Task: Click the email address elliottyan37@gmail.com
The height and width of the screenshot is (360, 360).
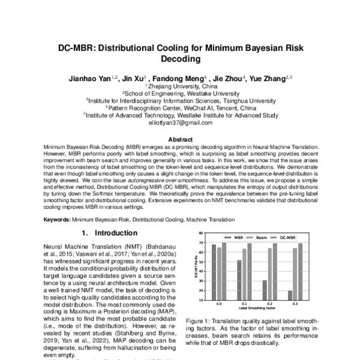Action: point(181,122)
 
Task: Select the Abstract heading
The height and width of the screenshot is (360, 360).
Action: point(180,139)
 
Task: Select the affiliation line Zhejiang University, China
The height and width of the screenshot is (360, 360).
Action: point(179,86)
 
